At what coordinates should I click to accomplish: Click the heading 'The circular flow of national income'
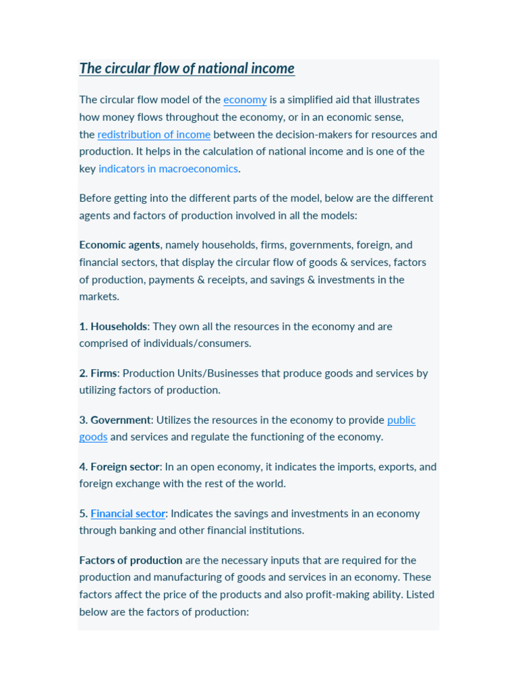pyautogui.click(x=187, y=69)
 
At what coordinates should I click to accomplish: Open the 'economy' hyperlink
pyautogui.click(x=245, y=100)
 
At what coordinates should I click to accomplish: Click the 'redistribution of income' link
pyautogui.click(x=154, y=134)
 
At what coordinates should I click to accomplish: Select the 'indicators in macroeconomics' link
pyautogui.click(x=168, y=169)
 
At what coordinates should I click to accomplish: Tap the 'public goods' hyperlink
pyautogui.click(x=401, y=420)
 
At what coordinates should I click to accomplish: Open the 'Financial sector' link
pyautogui.click(x=127, y=514)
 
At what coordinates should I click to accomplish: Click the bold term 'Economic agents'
pyautogui.click(x=119, y=245)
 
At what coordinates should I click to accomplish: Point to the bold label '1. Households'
pyautogui.click(x=113, y=327)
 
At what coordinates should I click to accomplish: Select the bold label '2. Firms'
pyautogui.click(x=98, y=373)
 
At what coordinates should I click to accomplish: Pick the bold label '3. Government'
pyautogui.click(x=115, y=420)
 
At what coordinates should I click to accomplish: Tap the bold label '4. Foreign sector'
pyautogui.click(x=119, y=467)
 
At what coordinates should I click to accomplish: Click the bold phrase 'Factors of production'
pyautogui.click(x=131, y=560)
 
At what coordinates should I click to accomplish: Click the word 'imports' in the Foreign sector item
pyautogui.click(x=324, y=467)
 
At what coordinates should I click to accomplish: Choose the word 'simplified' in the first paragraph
pyautogui.click(x=315, y=100)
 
